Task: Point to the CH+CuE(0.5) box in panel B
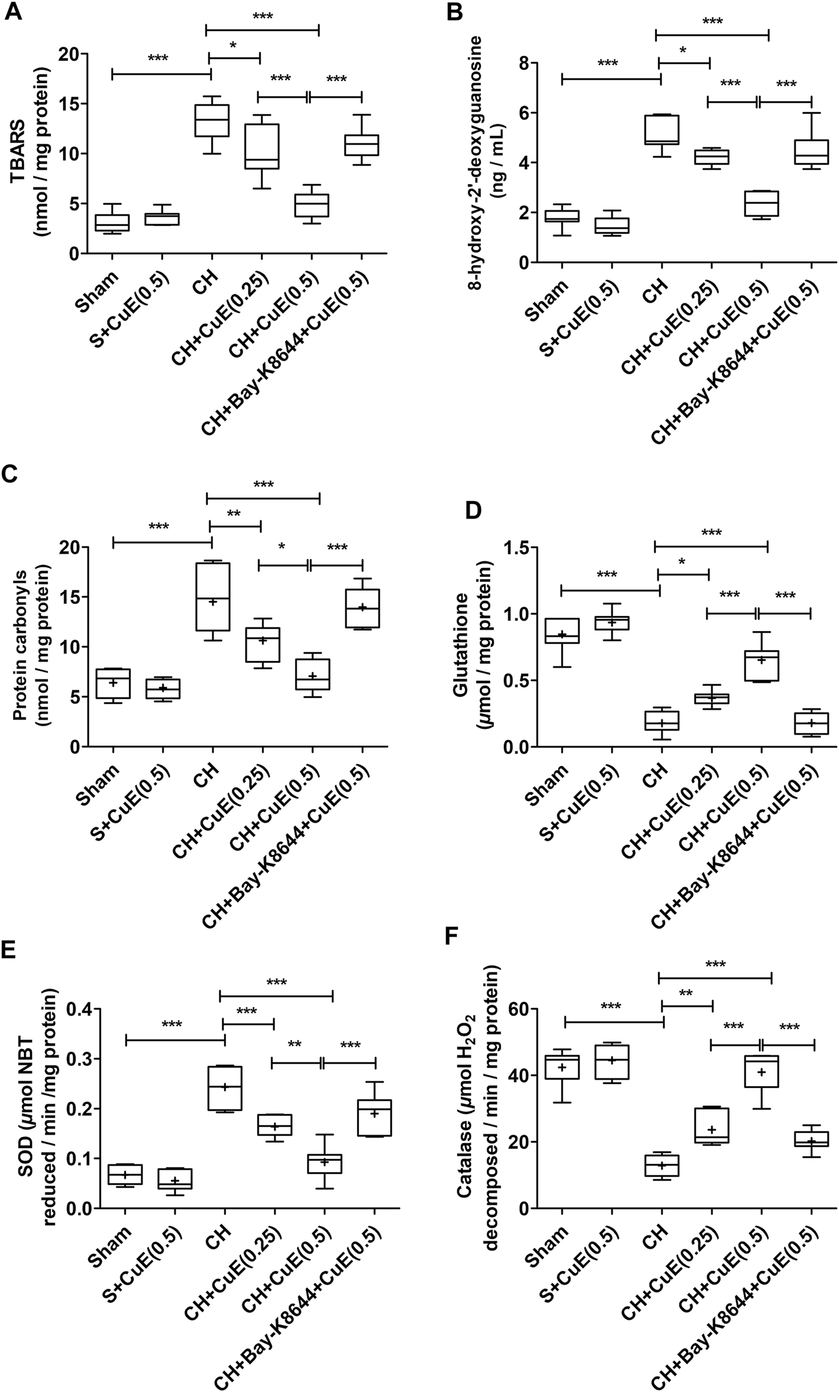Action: pos(760,204)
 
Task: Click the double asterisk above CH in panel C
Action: pos(235,514)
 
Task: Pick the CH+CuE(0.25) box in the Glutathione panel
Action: pos(711,698)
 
